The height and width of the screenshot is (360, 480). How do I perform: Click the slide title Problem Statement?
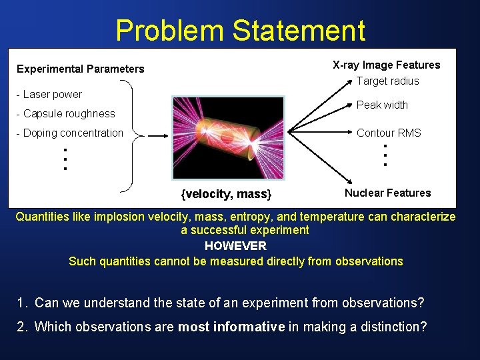pyautogui.click(x=240, y=31)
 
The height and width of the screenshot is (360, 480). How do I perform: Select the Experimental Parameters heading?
pyautogui.click(x=80, y=69)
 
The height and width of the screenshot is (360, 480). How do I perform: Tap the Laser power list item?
pyautogui.click(x=49, y=95)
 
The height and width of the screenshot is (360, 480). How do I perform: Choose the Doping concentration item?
pyautogui.click(x=69, y=133)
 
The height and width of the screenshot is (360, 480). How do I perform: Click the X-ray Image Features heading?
pyautogui.click(x=386, y=65)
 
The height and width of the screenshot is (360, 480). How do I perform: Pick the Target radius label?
pyautogui.click(x=387, y=81)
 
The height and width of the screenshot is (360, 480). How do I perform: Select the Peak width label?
pyautogui.click(x=382, y=105)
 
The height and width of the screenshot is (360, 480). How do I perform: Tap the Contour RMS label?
pyautogui.click(x=389, y=133)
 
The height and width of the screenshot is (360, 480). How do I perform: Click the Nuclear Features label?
pyautogui.click(x=387, y=193)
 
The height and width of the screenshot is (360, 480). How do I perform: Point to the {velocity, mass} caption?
pyautogui.click(x=227, y=194)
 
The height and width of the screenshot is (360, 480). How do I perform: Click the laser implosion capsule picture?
pyautogui.click(x=228, y=137)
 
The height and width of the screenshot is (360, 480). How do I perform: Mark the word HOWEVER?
pyautogui.click(x=235, y=245)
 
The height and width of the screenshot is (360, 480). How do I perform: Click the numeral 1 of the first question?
pyautogui.click(x=22, y=303)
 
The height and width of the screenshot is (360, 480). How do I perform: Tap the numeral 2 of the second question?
pyautogui.click(x=22, y=327)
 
